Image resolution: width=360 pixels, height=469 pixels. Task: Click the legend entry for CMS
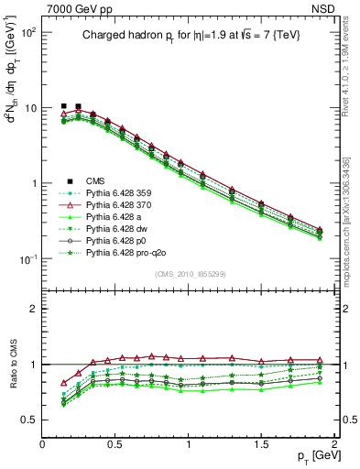click(94, 182)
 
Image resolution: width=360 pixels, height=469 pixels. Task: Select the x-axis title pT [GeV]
click(313, 456)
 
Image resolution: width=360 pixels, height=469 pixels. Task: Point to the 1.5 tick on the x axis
click(261, 442)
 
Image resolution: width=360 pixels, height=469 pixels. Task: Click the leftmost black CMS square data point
click(63, 106)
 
